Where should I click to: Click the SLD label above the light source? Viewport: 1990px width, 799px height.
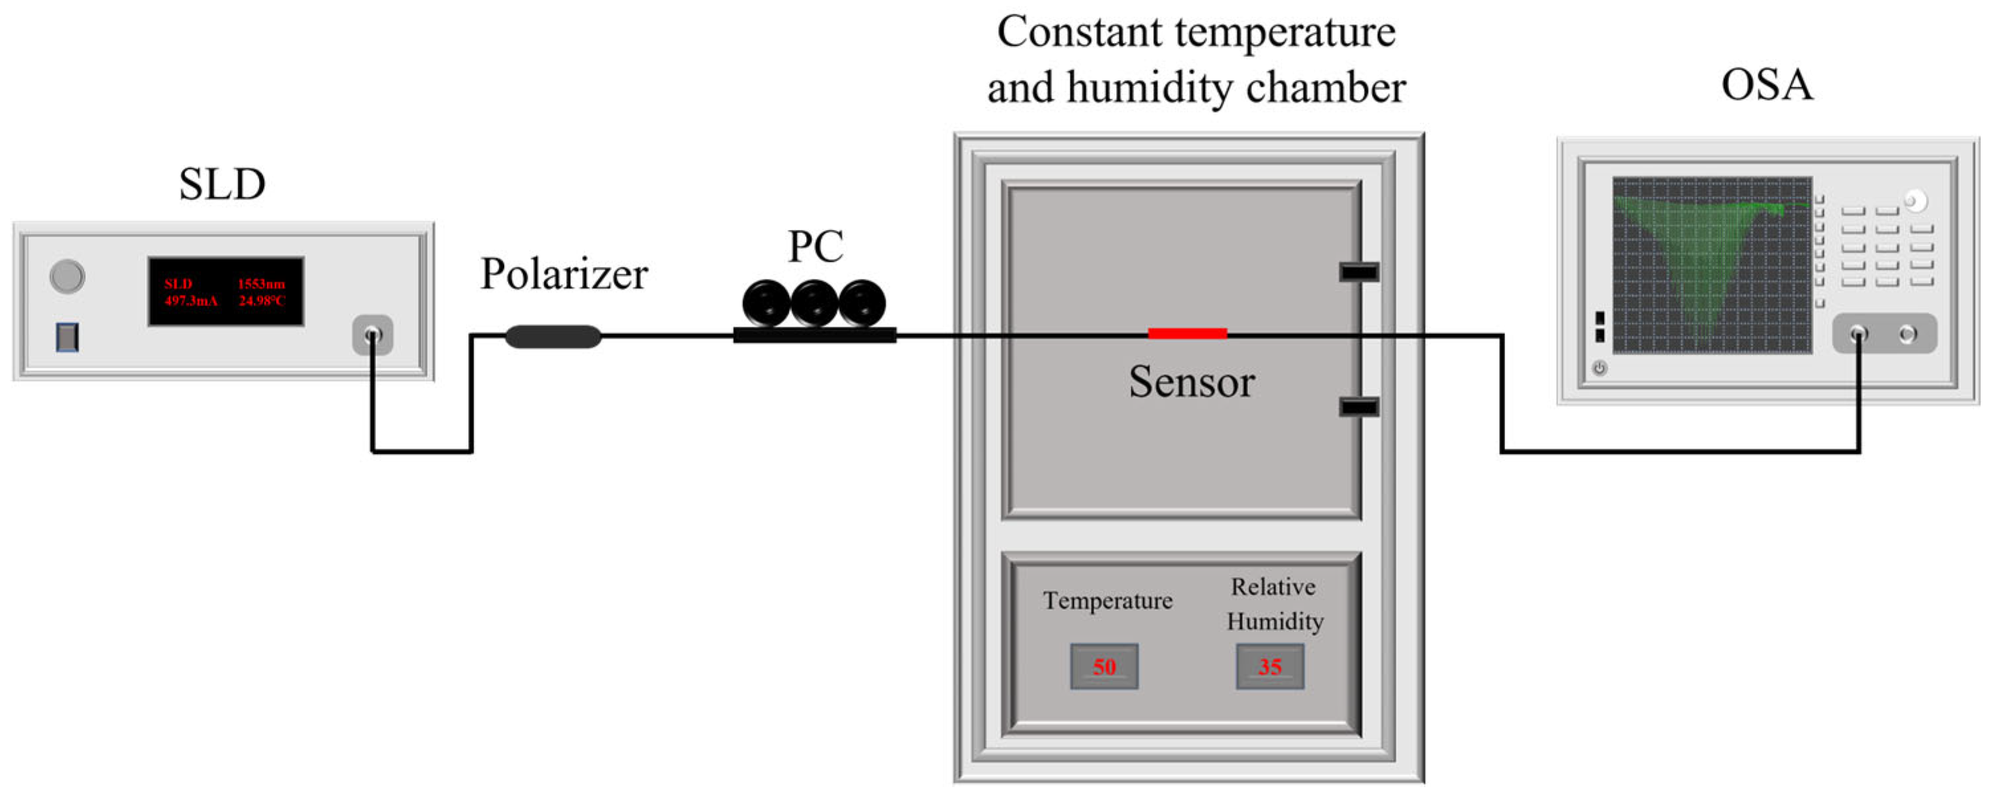223,185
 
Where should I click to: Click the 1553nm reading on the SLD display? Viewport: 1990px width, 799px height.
261,284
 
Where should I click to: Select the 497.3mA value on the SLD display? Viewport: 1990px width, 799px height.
191,301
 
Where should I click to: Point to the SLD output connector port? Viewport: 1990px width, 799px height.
372,335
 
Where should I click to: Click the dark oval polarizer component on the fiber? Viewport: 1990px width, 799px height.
553,336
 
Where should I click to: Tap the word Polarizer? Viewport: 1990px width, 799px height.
564,274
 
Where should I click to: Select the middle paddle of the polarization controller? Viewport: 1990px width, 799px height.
814,303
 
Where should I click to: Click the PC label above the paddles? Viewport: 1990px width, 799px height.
815,246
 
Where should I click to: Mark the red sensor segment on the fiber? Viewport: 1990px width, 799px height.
1187,334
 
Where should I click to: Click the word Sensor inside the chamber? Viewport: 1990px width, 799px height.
1191,382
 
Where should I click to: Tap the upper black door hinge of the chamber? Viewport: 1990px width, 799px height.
1358,271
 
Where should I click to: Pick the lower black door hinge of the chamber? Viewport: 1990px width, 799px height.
1358,406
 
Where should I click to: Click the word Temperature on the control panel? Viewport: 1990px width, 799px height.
1107,600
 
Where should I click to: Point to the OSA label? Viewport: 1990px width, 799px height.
1767,85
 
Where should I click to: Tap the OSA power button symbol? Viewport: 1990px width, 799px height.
1599,368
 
